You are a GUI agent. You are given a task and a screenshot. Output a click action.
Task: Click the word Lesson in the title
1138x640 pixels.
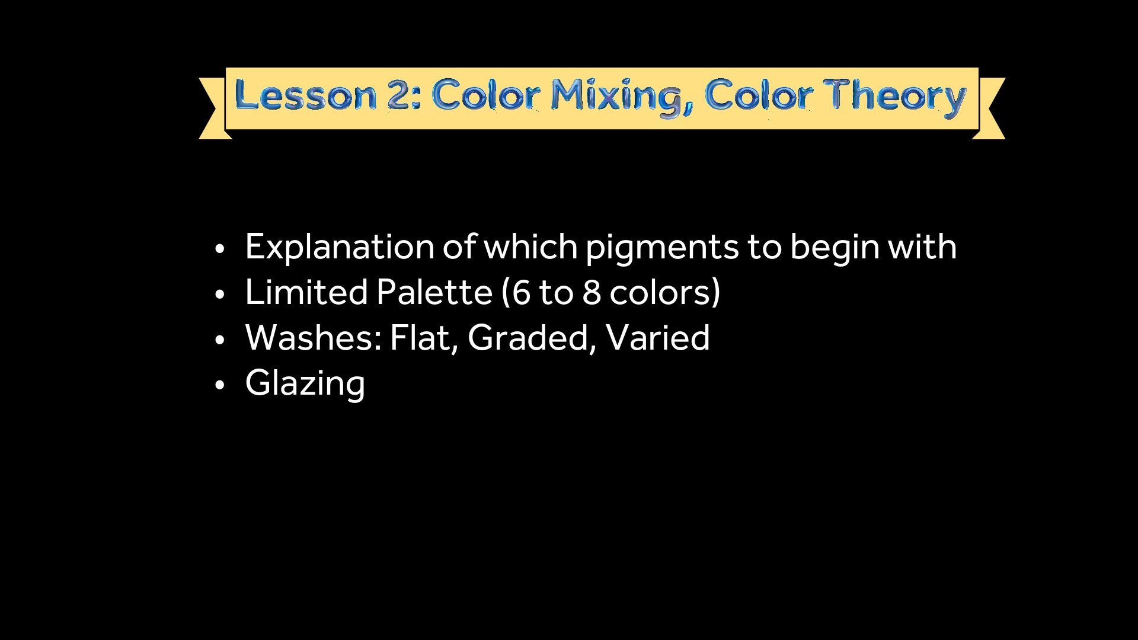click(305, 95)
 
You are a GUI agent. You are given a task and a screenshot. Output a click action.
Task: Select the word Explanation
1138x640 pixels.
click(340, 248)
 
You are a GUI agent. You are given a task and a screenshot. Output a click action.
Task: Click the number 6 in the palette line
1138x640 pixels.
click(522, 293)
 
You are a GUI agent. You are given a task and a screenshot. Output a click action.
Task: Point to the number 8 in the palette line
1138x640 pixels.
click(592, 293)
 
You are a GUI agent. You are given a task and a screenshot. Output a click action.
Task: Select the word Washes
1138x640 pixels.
click(314, 338)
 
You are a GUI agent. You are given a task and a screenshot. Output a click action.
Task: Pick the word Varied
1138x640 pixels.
click(658, 338)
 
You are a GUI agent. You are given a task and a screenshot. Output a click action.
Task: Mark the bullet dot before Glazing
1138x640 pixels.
click(220, 385)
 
